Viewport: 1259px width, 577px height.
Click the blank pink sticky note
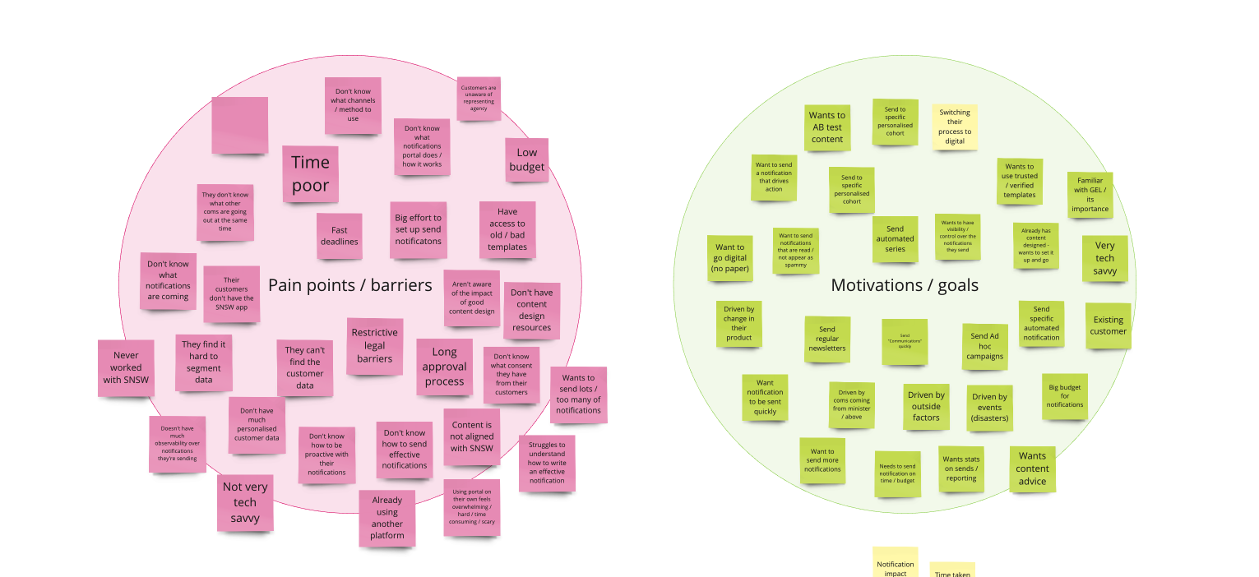(239, 125)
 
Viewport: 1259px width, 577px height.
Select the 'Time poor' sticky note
(310, 174)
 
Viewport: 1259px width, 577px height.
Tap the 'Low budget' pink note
(527, 160)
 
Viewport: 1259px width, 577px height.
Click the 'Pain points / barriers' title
(349, 285)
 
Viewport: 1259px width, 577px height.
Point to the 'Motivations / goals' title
(905, 285)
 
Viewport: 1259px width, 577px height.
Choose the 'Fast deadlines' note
(339, 237)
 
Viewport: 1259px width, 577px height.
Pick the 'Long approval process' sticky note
(444, 367)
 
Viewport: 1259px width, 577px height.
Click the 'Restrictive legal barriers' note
(374, 346)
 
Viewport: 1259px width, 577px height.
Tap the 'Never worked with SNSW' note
(126, 368)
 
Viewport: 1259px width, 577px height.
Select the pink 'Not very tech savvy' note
(245, 502)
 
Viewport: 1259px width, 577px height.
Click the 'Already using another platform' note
(386, 518)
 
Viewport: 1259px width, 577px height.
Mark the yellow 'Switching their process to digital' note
(955, 127)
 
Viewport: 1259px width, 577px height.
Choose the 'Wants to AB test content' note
(827, 127)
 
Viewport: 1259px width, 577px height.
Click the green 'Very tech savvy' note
(1104, 258)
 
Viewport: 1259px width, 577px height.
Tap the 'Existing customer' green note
(1108, 325)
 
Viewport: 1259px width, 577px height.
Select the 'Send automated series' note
(895, 239)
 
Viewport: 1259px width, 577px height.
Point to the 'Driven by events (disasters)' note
(989, 408)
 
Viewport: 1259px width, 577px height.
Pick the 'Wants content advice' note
(1032, 469)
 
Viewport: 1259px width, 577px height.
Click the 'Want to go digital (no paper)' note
(730, 258)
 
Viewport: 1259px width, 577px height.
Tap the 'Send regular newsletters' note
(826, 339)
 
